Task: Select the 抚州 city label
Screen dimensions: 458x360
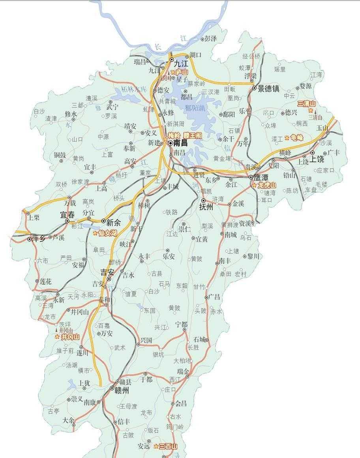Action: (206, 206)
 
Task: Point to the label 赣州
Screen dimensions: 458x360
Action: (122, 390)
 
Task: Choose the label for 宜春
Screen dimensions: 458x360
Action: (67, 215)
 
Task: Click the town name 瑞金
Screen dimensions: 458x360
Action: (184, 371)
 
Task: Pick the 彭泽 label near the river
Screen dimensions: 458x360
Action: (211, 39)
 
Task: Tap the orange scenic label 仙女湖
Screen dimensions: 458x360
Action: (108, 233)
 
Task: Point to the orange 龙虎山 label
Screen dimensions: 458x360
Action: (267, 185)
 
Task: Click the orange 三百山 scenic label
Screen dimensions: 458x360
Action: (168, 447)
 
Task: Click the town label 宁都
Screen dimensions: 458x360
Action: (182, 324)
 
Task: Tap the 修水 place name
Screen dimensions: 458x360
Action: (71, 114)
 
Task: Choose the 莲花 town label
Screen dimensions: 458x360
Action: (46, 282)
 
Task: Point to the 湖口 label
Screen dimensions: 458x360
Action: (195, 54)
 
